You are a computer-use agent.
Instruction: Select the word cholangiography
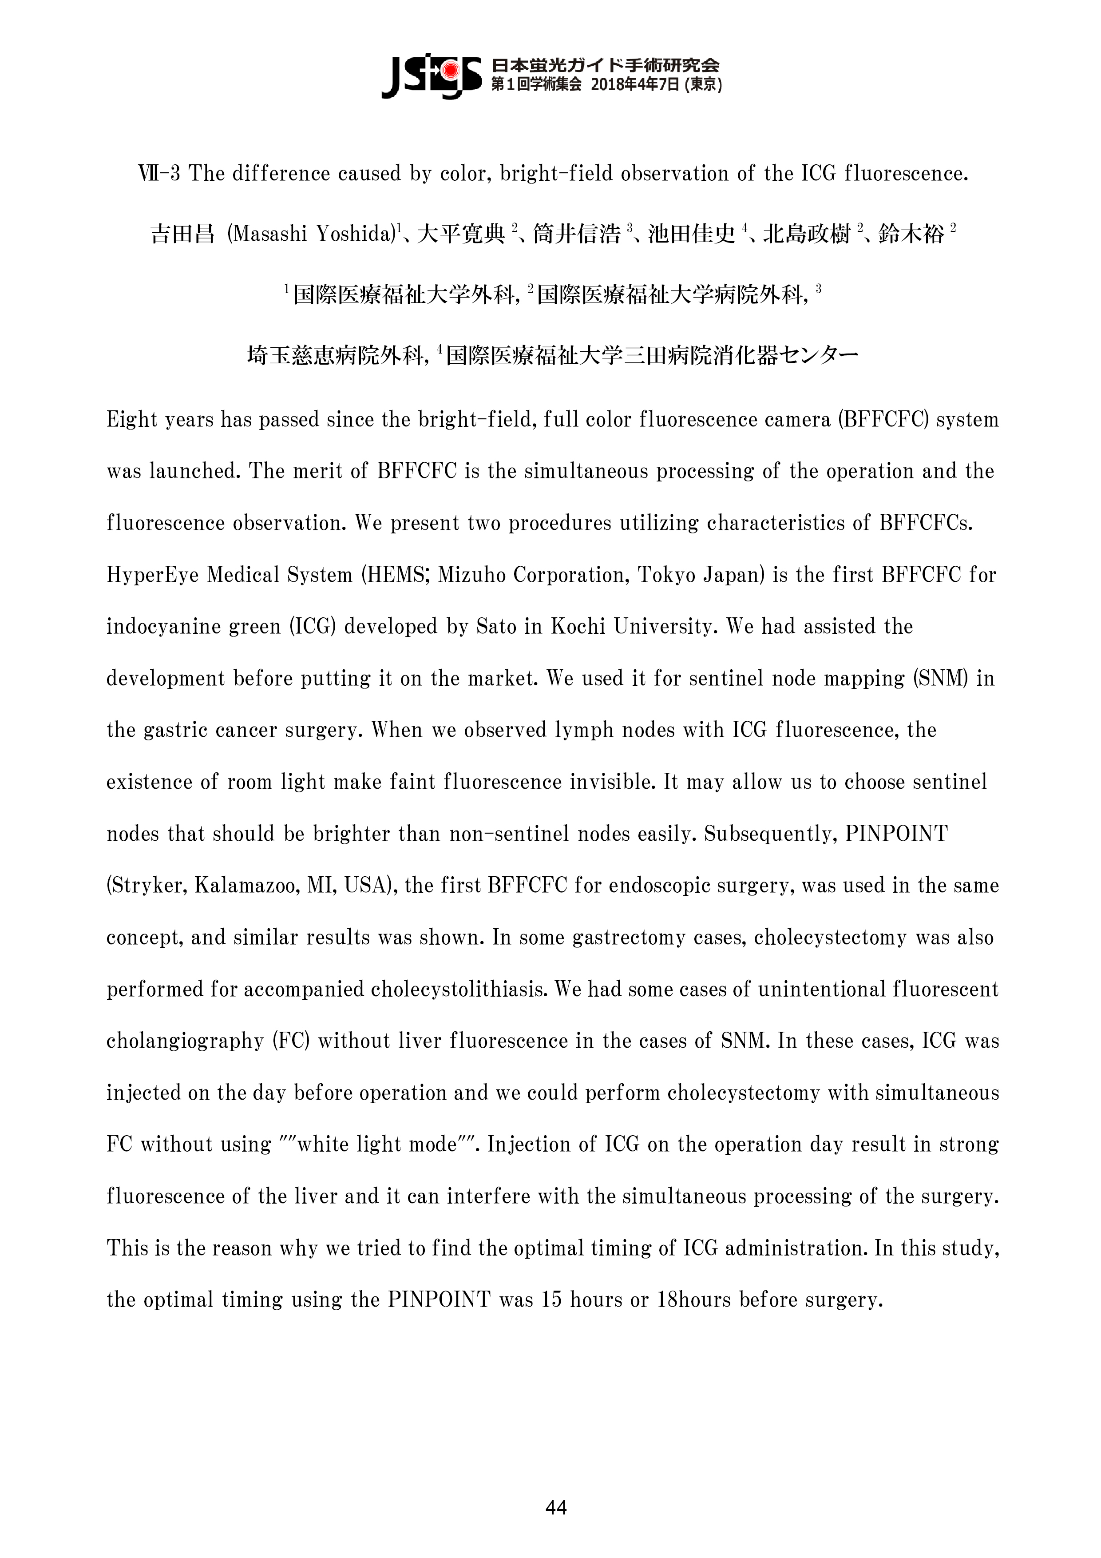185,1041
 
